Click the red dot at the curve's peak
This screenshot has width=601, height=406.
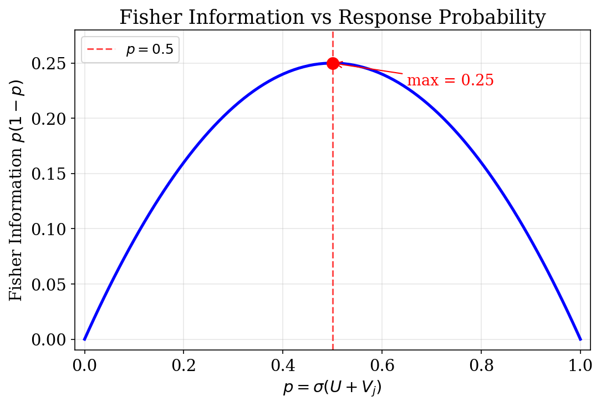tap(333, 63)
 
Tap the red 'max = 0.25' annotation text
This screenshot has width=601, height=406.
tap(450, 81)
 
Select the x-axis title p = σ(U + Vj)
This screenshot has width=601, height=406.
tap(332, 388)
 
